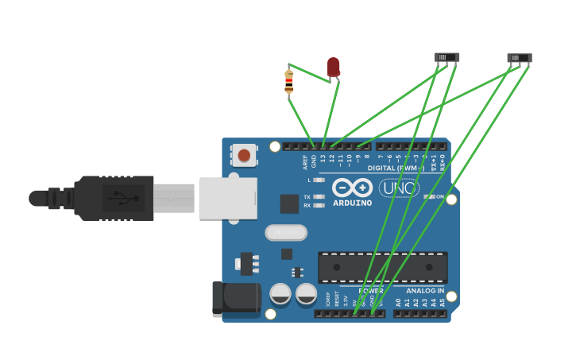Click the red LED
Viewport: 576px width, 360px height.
[x=334, y=67]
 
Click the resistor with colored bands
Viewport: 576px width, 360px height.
[x=288, y=81]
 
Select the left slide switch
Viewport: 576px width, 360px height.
[x=446, y=57]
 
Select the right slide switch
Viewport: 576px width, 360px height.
[x=519, y=58]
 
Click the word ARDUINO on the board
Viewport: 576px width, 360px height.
[x=352, y=203]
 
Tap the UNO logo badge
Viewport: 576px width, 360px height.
[x=399, y=188]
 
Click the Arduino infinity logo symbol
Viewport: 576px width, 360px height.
[x=352, y=188]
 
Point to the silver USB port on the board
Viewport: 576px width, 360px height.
[x=228, y=198]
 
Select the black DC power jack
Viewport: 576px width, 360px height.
[x=236, y=299]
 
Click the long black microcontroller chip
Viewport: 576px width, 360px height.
[x=382, y=267]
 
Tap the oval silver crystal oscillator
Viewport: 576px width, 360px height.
[x=286, y=232]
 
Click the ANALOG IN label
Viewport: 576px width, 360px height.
[x=425, y=291]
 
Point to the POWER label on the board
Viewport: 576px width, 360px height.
[x=370, y=291]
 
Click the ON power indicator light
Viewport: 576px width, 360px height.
[x=429, y=196]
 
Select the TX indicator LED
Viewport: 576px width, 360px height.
[x=319, y=196]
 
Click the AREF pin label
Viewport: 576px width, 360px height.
[x=305, y=161]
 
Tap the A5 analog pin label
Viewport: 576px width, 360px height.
[x=442, y=302]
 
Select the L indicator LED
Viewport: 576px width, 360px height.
[x=319, y=180]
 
